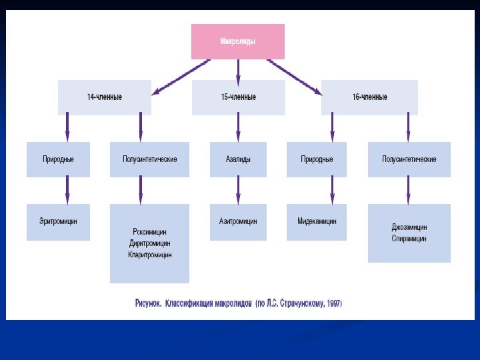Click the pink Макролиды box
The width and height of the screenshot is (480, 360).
(238, 41)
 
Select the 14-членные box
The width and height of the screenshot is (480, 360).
(105, 97)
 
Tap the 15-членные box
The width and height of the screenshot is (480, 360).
(238, 97)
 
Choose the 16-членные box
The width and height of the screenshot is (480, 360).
(369, 97)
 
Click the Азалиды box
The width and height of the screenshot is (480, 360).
(238, 159)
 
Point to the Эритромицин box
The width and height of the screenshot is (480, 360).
(58, 221)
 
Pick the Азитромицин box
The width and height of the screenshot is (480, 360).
(238, 221)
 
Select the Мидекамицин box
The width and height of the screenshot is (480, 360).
(317, 221)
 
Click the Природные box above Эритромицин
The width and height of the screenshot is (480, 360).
(58, 159)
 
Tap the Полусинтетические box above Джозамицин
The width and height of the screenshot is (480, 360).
(409, 159)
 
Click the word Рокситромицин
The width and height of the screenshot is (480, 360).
(150, 231)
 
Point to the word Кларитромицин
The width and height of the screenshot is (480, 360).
(150, 255)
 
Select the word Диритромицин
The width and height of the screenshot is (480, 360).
(150, 243)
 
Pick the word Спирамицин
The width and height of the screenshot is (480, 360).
(409, 239)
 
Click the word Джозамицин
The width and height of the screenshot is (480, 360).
(409, 227)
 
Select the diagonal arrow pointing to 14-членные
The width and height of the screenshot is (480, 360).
(181, 76)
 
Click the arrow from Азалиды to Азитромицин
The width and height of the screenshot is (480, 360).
(238, 189)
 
